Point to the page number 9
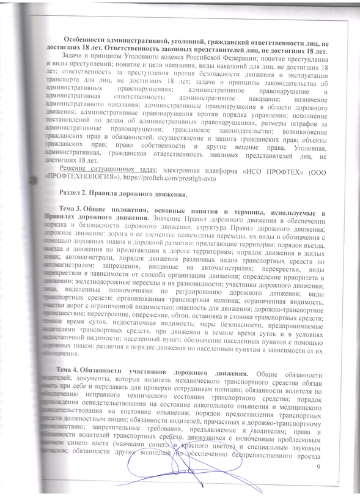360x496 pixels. (318, 468)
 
